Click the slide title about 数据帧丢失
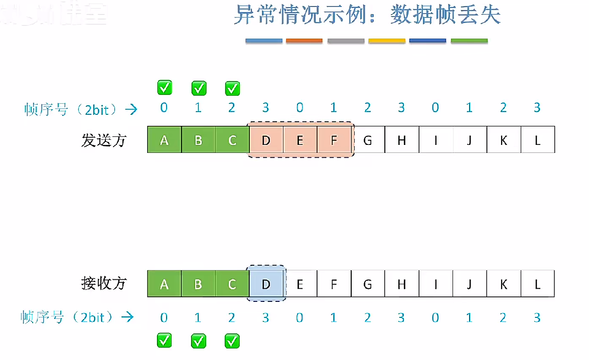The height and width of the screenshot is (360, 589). (367, 16)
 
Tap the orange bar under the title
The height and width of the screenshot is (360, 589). (304, 41)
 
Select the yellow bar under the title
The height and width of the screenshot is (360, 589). (386, 41)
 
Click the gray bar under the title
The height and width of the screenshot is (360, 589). (345, 41)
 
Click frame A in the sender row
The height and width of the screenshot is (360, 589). (164, 140)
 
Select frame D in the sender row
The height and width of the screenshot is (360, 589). (266, 140)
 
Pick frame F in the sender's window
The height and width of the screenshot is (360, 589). (334, 140)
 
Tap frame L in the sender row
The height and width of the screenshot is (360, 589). (537, 140)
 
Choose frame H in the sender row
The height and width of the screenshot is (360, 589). (401, 140)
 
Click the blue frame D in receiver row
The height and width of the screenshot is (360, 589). (266, 284)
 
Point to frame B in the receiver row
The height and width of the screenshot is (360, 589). (198, 284)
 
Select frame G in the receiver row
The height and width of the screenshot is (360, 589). (367, 284)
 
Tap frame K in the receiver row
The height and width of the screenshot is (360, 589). (503, 284)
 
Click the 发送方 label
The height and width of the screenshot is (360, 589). (104, 140)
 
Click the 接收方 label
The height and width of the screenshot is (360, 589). (104, 283)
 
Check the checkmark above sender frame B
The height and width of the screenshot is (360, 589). (199, 88)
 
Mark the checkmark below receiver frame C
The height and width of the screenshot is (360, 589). (232, 341)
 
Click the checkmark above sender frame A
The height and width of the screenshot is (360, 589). (165, 88)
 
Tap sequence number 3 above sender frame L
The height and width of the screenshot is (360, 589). (537, 108)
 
